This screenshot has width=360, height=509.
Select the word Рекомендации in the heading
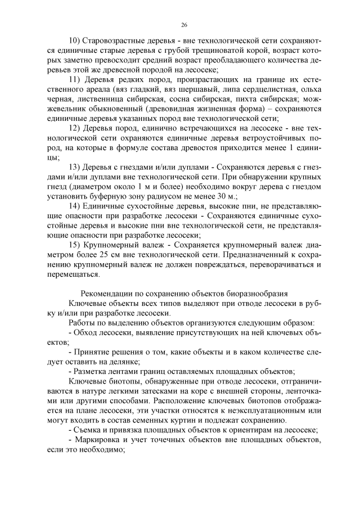pos(107,294)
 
